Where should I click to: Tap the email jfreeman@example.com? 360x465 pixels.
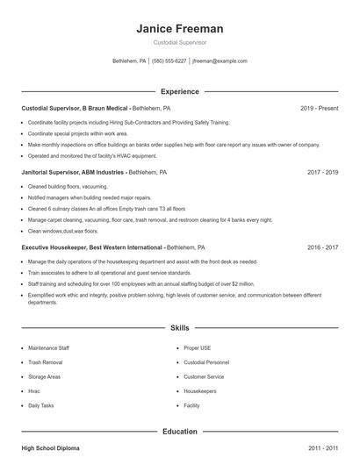point(220,61)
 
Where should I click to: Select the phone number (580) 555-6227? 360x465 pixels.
point(169,61)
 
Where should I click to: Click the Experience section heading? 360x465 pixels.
point(180,91)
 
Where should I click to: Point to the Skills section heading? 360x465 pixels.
point(180,327)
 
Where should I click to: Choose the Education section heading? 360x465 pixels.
point(180,432)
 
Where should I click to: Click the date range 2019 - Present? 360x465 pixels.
point(319,108)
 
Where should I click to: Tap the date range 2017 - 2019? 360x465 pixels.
point(322,173)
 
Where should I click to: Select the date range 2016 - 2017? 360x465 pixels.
point(322,247)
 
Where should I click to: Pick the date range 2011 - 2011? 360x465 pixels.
point(322,448)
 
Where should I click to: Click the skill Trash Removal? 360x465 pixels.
point(46,362)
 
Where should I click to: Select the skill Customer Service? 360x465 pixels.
point(204,376)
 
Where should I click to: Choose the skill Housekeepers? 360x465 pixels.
point(200,391)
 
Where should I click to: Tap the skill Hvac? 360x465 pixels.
point(34,391)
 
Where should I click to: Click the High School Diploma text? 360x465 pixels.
point(50,448)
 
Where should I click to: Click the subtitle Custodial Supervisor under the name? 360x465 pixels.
point(180,41)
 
